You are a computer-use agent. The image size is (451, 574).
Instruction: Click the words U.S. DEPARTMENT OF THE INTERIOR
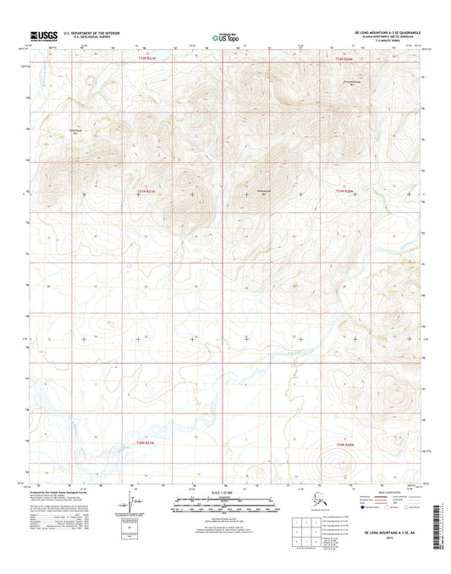point(96,32)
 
